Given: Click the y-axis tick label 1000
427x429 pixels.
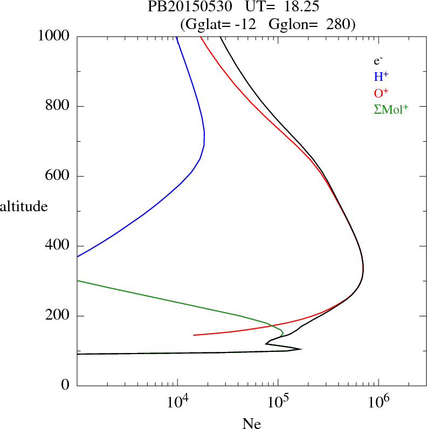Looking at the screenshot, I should coord(54,37).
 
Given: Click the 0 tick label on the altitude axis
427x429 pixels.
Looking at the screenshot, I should coord(66,385).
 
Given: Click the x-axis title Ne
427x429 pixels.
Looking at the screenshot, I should coord(251,423).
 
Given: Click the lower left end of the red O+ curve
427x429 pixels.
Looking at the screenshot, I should coord(194,335).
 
